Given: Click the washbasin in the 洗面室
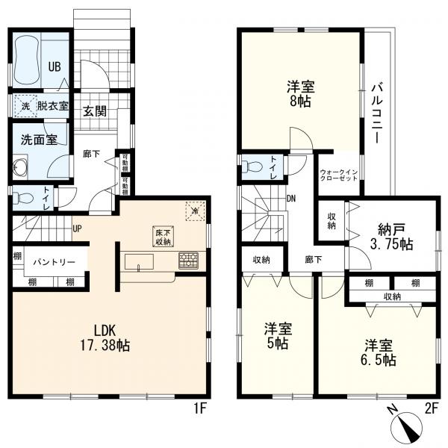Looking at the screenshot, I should pos(20,168).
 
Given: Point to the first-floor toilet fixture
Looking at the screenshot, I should pos(22,199).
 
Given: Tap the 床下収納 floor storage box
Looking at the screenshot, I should pos(163,235).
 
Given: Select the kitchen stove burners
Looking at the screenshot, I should pos(187,261).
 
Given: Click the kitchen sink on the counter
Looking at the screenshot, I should pos(140,261).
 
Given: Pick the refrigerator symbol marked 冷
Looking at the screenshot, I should pos(193,211).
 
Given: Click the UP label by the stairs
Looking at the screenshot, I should pos(77,228).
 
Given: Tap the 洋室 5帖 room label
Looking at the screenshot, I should pos(278,337).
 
